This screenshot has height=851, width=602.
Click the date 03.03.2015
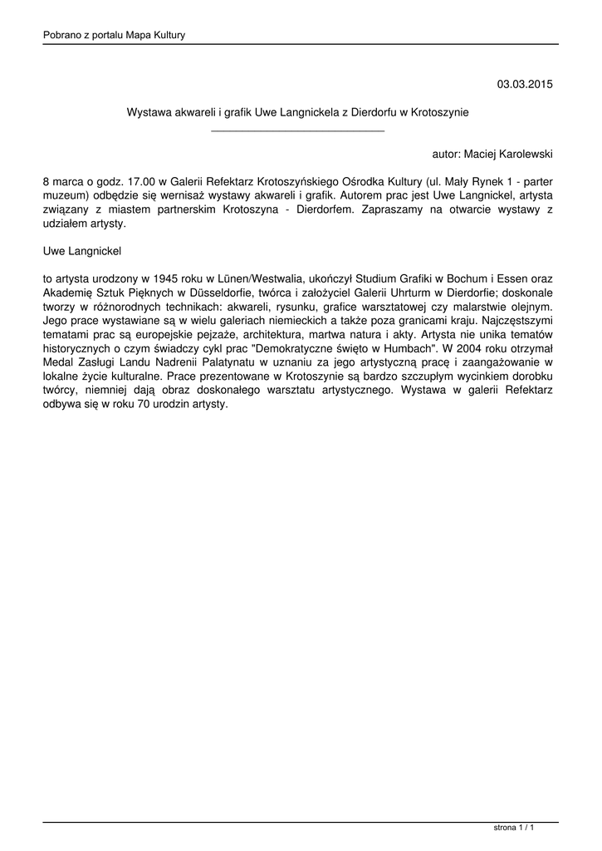(x=525, y=84)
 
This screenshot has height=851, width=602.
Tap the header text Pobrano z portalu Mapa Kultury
(x=114, y=35)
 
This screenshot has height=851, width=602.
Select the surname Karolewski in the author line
(x=522, y=155)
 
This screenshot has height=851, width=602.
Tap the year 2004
(x=473, y=351)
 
